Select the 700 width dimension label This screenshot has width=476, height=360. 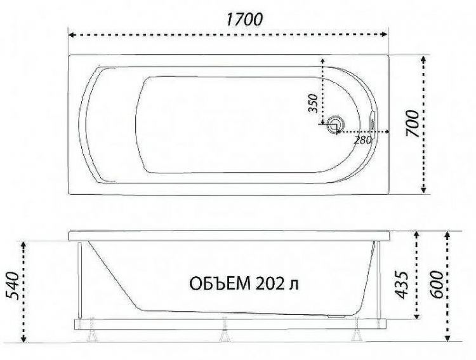(x=411, y=125)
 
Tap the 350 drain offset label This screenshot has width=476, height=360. (x=312, y=103)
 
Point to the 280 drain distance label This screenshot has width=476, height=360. (x=362, y=140)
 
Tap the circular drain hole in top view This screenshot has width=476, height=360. (x=334, y=124)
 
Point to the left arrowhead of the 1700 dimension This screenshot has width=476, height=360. (x=71, y=36)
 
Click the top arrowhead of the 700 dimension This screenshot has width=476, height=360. (x=423, y=58)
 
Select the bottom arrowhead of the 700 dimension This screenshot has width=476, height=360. (x=423, y=192)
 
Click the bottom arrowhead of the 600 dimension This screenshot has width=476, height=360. (x=450, y=339)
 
